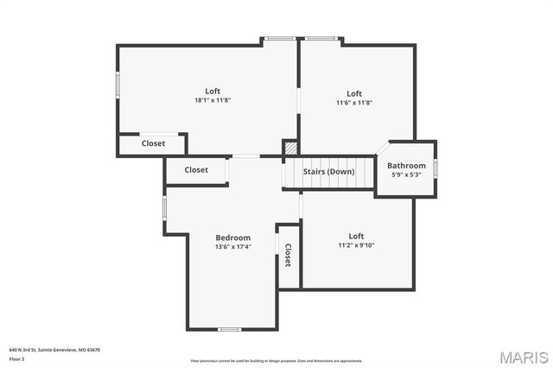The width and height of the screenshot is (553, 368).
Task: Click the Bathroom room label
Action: point(406,165)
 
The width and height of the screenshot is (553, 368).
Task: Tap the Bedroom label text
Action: point(232,238)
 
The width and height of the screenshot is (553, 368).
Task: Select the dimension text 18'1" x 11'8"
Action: point(213,101)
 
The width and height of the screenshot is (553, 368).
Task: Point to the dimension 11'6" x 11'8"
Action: point(354,103)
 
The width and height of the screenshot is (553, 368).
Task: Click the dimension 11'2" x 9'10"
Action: point(355,244)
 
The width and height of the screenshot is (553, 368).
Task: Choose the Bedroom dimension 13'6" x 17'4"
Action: point(232,247)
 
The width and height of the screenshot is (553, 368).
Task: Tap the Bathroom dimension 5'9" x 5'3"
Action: point(406,174)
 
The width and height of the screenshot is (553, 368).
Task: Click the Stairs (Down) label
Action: point(328,171)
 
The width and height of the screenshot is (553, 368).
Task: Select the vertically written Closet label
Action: point(288,255)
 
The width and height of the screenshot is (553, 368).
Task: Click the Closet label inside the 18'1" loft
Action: point(153,143)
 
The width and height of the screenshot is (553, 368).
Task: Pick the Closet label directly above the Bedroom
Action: point(196,170)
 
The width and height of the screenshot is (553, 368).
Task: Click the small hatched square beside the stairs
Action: point(290,148)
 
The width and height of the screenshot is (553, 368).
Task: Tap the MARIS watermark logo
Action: point(524,357)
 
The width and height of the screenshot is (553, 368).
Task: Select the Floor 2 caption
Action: point(16,358)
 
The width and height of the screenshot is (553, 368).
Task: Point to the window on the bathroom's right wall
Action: point(436,168)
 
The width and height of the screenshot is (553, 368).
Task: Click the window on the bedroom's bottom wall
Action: point(229,329)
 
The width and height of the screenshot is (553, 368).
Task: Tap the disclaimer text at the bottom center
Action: point(276,360)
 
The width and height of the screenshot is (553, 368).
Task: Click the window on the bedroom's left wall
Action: point(165,209)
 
